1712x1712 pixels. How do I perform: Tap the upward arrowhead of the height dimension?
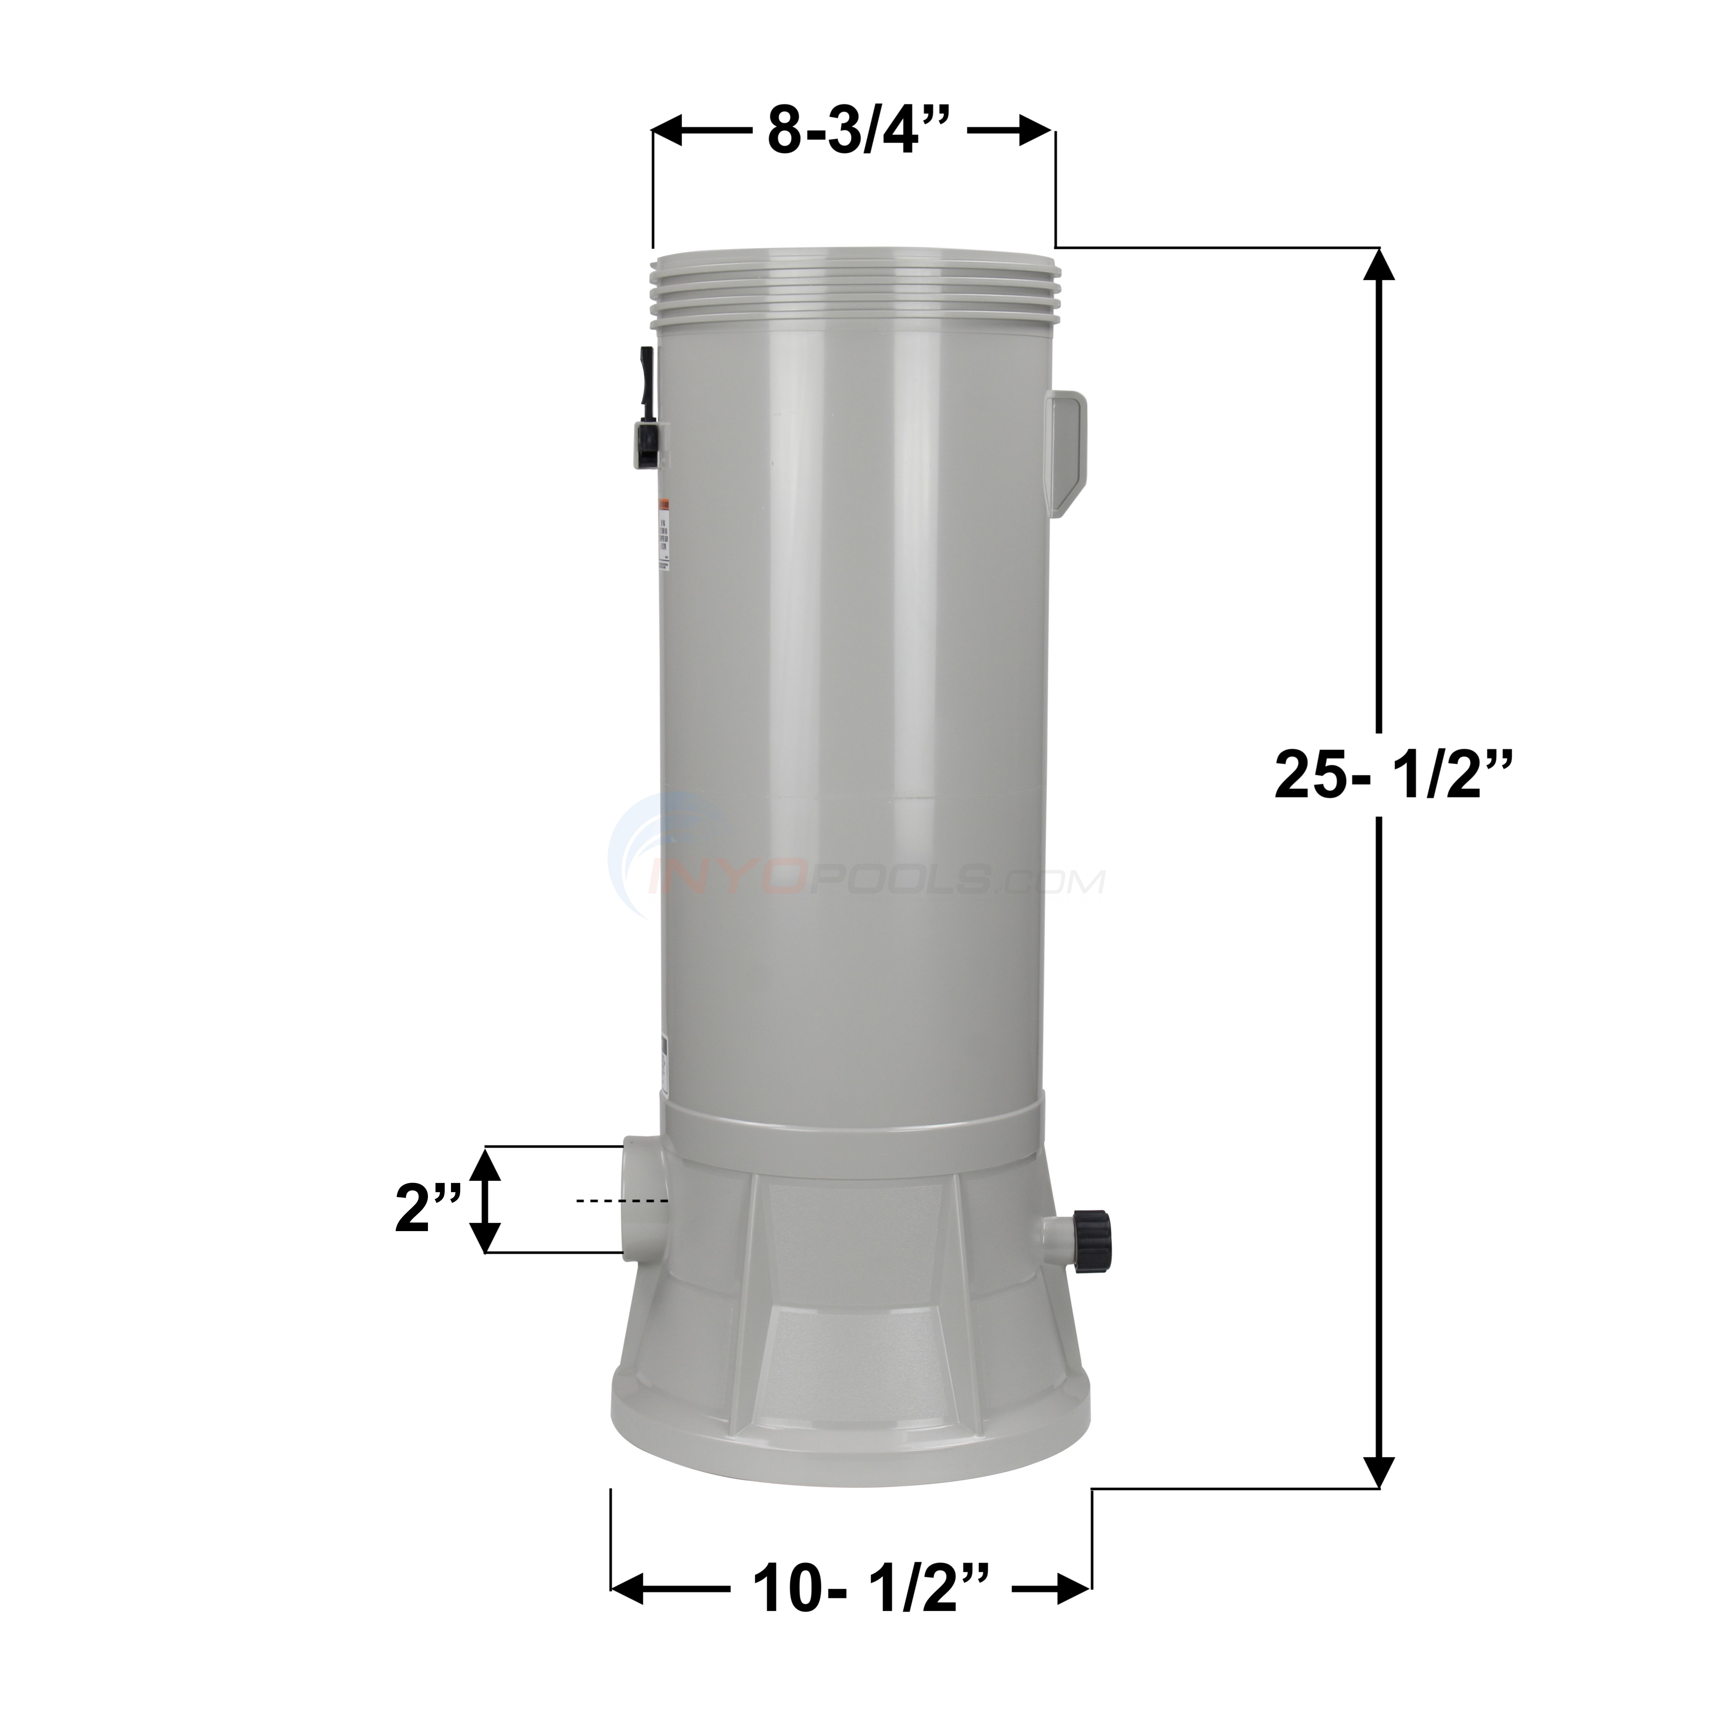coord(1376,266)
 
